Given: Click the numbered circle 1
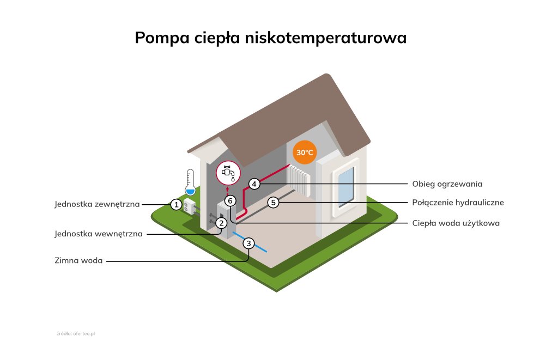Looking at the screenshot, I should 176,205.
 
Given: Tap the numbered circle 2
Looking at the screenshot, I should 221,223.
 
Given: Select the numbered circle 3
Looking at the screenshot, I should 248,243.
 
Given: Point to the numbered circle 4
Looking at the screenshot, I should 254,184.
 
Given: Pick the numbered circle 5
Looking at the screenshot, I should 274,203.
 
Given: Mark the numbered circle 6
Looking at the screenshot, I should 230,201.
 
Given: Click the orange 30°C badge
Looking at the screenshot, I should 305,152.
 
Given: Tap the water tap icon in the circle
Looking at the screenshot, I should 228,172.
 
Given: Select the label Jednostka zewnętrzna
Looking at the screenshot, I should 97,205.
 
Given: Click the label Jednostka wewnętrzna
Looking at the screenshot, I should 99,234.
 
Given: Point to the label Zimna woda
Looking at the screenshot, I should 78,261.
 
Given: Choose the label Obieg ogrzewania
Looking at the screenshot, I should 447,184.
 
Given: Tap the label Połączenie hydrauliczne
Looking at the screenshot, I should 458,203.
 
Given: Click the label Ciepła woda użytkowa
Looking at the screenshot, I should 456,223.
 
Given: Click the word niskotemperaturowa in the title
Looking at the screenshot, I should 326,38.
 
